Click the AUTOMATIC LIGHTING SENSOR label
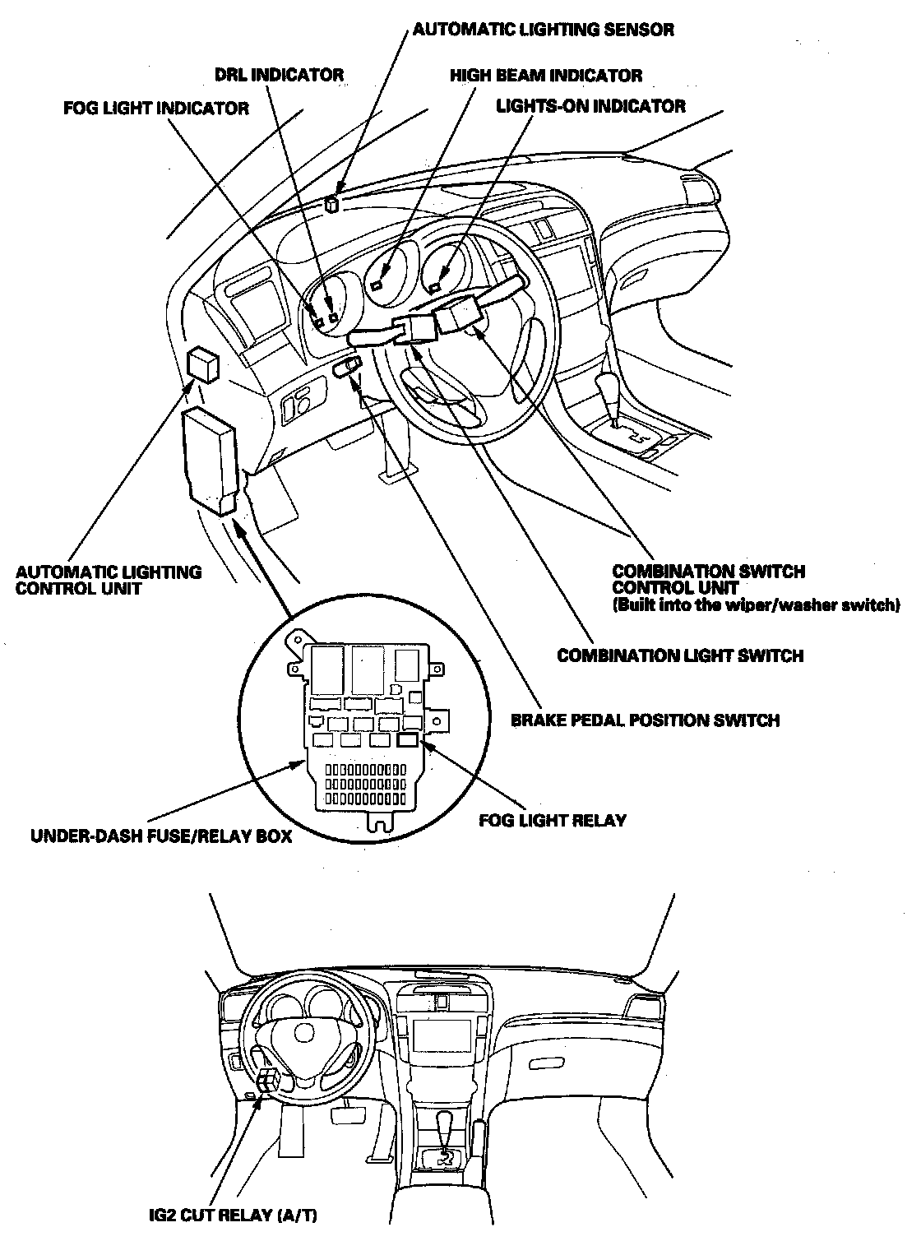pyautogui.click(x=543, y=30)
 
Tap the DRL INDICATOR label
pyautogui.click(x=279, y=75)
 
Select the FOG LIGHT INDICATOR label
pyautogui.click(x=156, y=109)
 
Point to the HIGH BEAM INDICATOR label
pyautogui.click(x=546, y=76)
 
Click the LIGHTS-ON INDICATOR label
pyautogui.click(x=590, y=106)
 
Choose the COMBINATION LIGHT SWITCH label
pyautogui.click(x=680, y=655)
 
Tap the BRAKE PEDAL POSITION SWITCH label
pyautogui.click(x=646, y=720)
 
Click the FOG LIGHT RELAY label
pyautogui.click(x=553, y=820)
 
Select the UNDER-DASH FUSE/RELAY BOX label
pyautogui.click(x=161, y=838)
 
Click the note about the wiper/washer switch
pyautogui.click(x=757, y=606)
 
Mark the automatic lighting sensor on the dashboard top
pyautogui.click(x=332, y=203)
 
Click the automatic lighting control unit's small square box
pyautogui.click(x=203, y=363)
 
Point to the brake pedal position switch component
pyautogui.click(x=348, y=368)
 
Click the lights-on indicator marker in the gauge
pyautogui.click(x=433, y=286)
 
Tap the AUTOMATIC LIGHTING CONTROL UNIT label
pyautogui.click(x=109, y=580)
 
